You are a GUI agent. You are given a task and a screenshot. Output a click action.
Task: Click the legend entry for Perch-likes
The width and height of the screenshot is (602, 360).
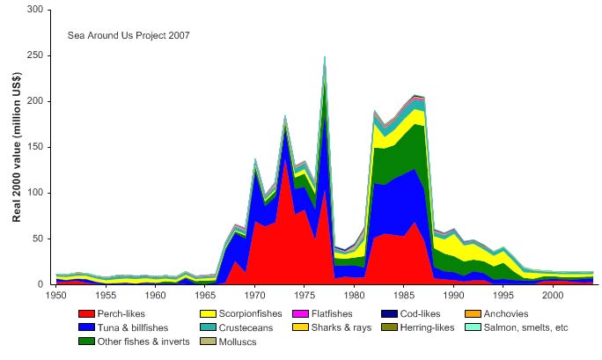tap(123, 313)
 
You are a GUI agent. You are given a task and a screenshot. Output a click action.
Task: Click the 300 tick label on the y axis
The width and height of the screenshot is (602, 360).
tap(35, 10)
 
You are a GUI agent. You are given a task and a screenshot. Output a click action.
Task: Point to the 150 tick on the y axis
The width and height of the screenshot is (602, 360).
tap(35, 147)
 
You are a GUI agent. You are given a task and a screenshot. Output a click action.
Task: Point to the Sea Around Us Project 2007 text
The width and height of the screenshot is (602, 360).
tap(128, 35)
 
